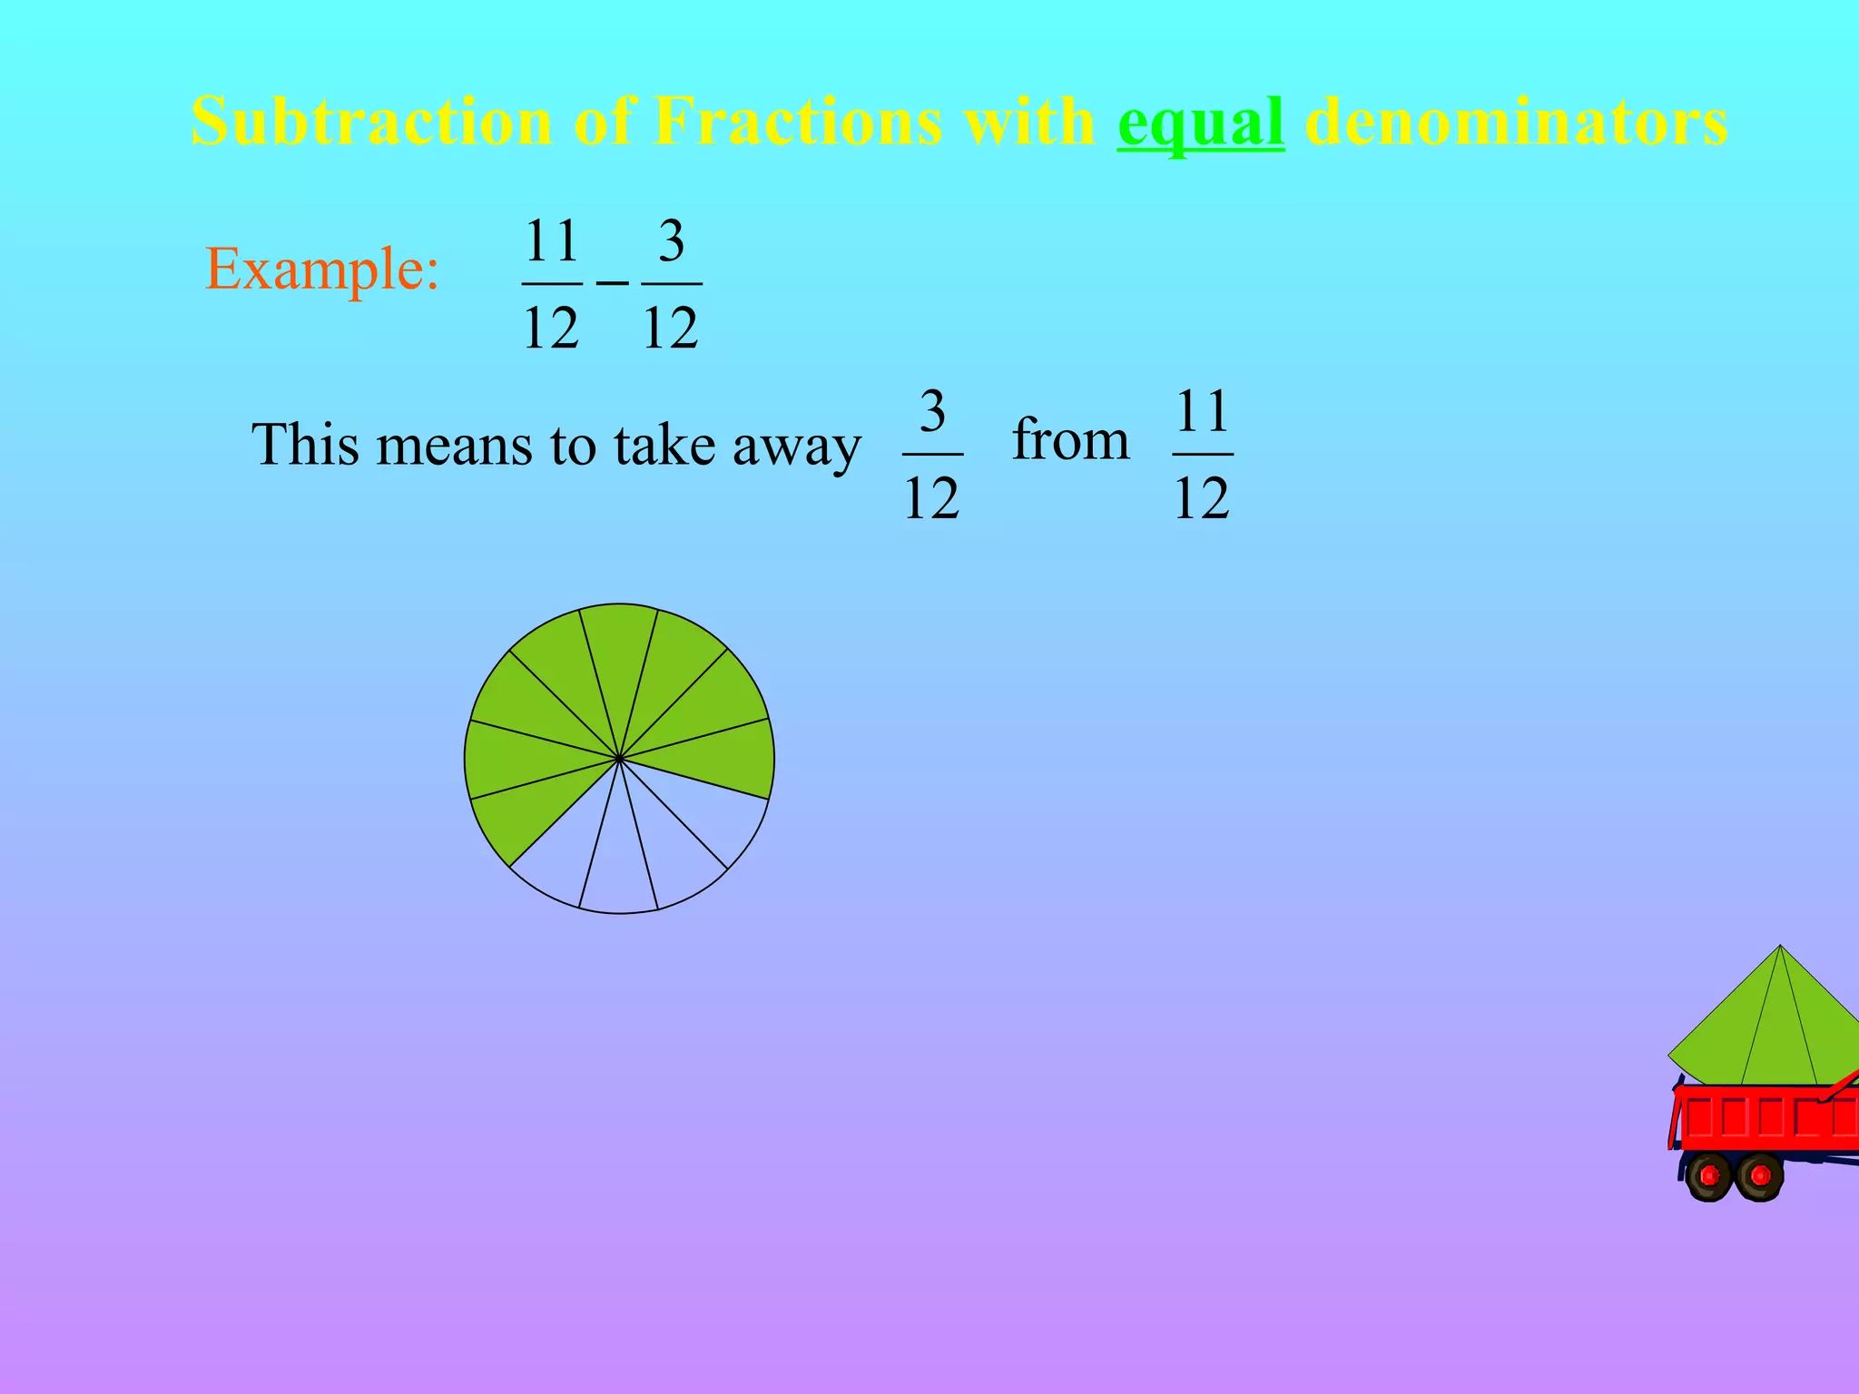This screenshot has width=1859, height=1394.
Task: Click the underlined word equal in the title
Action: (1200, 123)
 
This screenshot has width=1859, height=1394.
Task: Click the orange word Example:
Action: (322, 269)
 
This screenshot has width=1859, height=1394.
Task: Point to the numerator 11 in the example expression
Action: (552, 241)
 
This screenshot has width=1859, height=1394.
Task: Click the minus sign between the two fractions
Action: (612, 283)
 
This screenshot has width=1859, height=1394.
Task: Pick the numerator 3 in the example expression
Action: (671, 241)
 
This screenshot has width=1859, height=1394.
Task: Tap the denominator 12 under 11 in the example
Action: (551, 328)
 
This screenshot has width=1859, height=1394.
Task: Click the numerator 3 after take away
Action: (932, 411)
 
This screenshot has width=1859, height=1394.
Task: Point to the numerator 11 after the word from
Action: (1202, 411)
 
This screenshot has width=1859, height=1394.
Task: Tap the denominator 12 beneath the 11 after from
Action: (1202, 497)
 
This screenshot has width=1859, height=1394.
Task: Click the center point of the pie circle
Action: (619, 758)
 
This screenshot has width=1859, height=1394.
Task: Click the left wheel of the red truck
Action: (1709, 1176)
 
